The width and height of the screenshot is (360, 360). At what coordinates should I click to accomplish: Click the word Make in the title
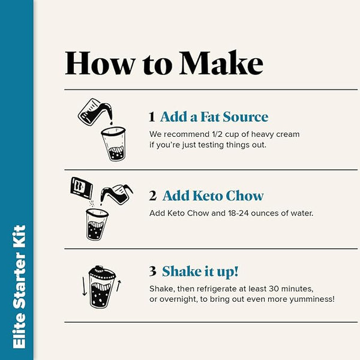(x=221, y=63)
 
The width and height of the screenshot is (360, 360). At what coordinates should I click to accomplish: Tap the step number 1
(x=152, y=116)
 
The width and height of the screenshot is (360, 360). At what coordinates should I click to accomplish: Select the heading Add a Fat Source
(x=214, y=116)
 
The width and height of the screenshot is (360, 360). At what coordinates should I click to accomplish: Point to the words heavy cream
(x=275, y=134)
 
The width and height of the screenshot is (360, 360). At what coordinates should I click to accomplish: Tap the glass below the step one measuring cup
(x=114, y=144)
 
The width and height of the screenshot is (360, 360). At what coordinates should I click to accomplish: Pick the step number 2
(x=152, y=196)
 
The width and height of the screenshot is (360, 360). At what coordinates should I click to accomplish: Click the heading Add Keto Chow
(x=213, y=196)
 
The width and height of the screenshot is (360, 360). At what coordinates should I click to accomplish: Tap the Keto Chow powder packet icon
(x=81, y=188)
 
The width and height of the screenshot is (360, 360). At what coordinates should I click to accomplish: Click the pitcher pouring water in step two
(x=116, y=194)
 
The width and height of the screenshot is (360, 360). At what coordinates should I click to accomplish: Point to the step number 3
(x=152, y=271)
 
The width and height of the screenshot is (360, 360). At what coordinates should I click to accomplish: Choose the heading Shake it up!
(x=200, y=272)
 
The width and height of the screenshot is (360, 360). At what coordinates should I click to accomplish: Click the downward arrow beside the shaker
(x=85, y=286)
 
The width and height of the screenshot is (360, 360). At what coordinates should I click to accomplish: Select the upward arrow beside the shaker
(x=118, y=286)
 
